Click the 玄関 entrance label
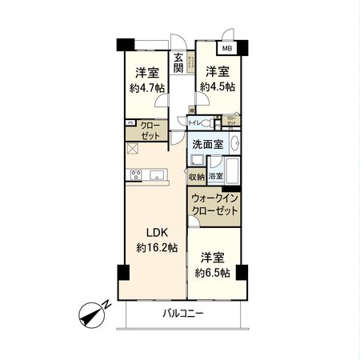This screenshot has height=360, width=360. (x=180, y=62)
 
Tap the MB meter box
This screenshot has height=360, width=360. (x=229, y=48)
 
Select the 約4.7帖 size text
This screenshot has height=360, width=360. (x=147, y=89)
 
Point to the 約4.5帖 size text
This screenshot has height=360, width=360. (x=217, y=86)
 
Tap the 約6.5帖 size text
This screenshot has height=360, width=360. (x=214, y=272)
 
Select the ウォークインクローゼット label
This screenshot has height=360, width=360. (x=214, y=204)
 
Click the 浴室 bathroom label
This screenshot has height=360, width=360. (x=215, y=175)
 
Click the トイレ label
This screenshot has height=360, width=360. (x=194, y=122)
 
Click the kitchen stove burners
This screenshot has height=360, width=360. (x=134, y=175)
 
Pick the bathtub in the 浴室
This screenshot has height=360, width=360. (x=231, y=171)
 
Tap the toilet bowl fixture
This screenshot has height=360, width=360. (x=210, y=122)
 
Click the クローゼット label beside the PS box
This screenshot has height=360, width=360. (x=149, y=131)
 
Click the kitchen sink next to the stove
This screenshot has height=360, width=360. (x=154, y=175)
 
